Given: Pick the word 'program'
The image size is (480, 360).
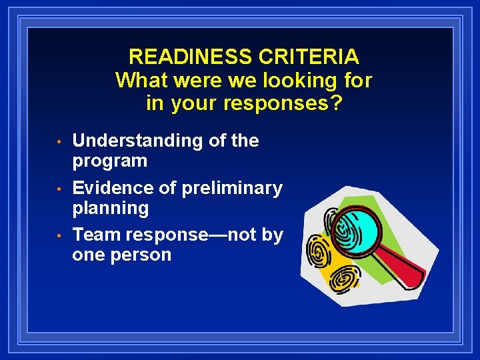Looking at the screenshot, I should click(x=109, y=161).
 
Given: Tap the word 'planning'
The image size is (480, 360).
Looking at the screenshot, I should click(x=110, y=209).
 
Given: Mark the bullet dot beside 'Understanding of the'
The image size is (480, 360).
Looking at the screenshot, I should click(x=59, y=142).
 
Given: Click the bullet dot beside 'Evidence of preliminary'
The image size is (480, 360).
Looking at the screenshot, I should click(x=59, y=189).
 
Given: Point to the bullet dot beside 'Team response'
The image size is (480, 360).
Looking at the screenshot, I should click(x=59, y=236).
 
